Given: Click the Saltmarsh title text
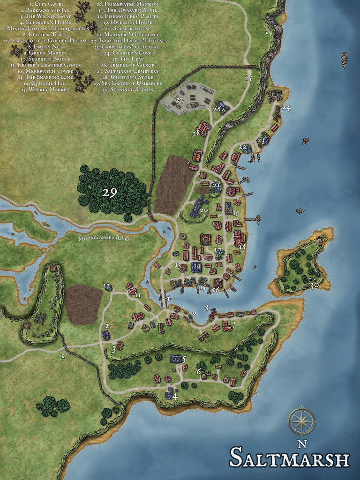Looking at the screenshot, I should (290, 457).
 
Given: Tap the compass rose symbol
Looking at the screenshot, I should (301, 421).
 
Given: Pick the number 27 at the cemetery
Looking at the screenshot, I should (180, 100).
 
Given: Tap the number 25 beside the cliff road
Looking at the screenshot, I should (248, 79).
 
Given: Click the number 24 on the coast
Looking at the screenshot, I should (286, 108).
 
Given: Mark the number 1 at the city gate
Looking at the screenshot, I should (63, 356).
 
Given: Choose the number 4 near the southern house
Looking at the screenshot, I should (175, 397).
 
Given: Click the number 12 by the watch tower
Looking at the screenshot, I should (107, 286).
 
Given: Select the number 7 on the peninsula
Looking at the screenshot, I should (232, 324).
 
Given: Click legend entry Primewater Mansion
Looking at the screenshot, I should (127, 4).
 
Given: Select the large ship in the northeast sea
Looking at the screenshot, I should (345, 60).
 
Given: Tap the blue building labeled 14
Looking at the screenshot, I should (196, 268).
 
